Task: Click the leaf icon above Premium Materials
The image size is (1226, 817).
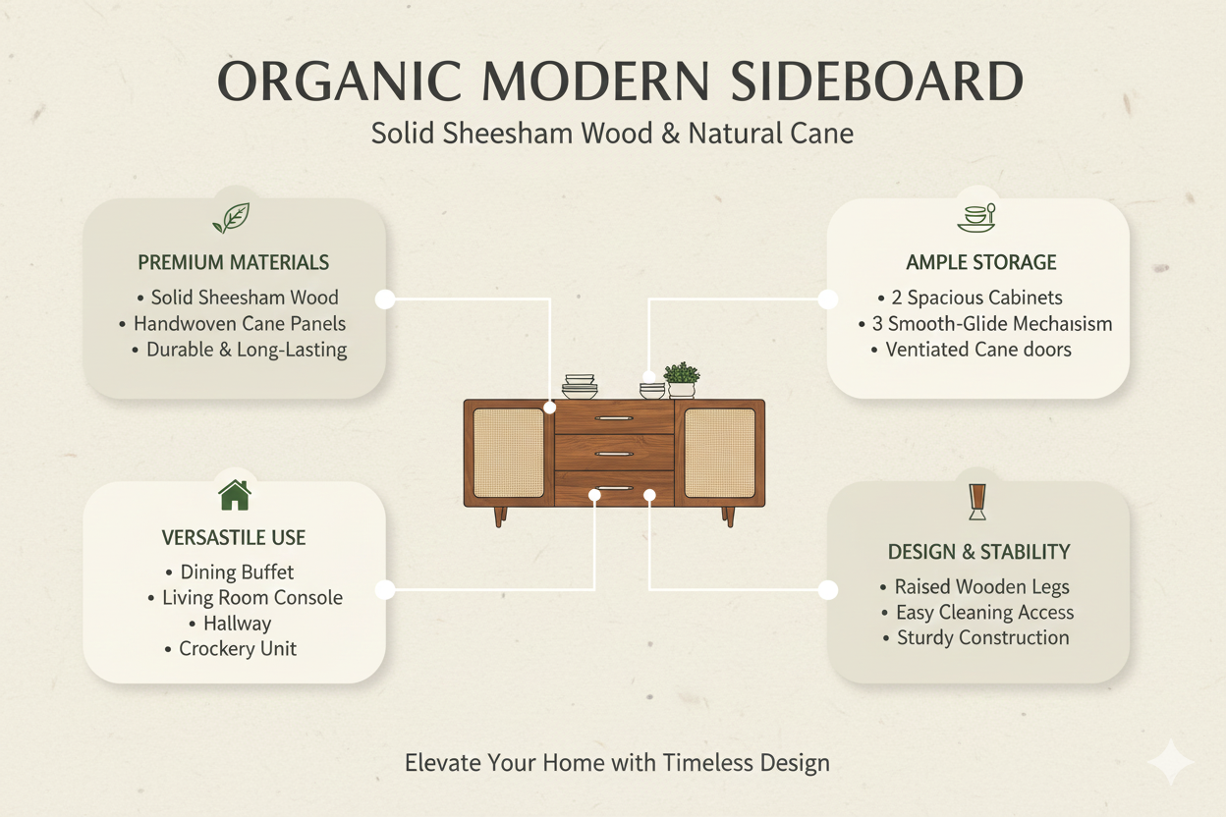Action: tap(232, 218)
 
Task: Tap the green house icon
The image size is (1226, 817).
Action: tap(235, 495)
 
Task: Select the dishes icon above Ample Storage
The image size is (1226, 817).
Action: tap(976, 218)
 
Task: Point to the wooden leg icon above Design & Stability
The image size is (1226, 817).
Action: tap(976, 502)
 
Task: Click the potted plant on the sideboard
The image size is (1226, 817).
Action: tap(682, 380)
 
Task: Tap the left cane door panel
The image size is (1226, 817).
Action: tap(509, 453)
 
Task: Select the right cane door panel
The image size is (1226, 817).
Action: tap(720, 453)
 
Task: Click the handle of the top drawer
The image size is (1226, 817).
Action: tap(614, 418)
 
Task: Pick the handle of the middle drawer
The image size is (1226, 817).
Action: tap(614, 454)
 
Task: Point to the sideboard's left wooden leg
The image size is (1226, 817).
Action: tap(500, 517)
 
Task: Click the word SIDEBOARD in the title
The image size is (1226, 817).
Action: tap(877, 82)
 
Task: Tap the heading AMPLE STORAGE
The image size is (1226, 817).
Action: tap(980, 262)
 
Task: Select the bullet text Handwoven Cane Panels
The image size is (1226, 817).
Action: tap(240, 324)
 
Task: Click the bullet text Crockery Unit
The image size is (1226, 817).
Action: tap(238, 649)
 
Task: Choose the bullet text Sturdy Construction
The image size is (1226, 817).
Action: tap(983, 638)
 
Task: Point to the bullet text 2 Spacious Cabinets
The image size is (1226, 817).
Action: tap(976, 298)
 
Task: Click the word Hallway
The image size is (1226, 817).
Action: tap(238, 624)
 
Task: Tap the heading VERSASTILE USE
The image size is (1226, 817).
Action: tap(234, 538)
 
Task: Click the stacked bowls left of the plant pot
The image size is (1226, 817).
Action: tap(652, 391)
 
